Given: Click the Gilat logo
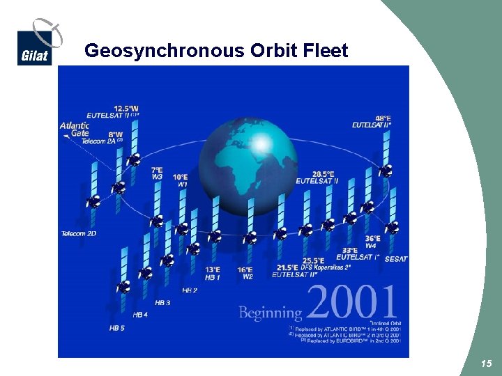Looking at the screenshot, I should point(36,45).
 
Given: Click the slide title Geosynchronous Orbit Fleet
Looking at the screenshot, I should point(215,51).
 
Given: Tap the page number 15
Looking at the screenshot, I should point(486,363).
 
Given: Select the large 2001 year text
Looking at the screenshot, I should point(351,304).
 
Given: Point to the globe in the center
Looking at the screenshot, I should point(248,162).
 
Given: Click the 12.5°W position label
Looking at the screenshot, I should point(126,108).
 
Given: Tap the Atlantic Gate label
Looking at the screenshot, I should point(75,130).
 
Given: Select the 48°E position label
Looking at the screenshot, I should point(382,118).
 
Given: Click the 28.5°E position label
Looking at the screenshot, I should point(323,174).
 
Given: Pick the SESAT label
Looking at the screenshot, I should point(396,259).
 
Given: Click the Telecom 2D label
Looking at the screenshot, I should point(79,233).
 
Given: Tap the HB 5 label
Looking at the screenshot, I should point(116,327).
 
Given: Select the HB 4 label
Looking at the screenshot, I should point(139,315).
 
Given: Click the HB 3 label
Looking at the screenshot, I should point(162,303).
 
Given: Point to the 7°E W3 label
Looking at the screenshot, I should point(157,173).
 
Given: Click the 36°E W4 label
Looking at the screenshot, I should point(372,242).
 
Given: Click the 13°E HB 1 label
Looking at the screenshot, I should point(213,274).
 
